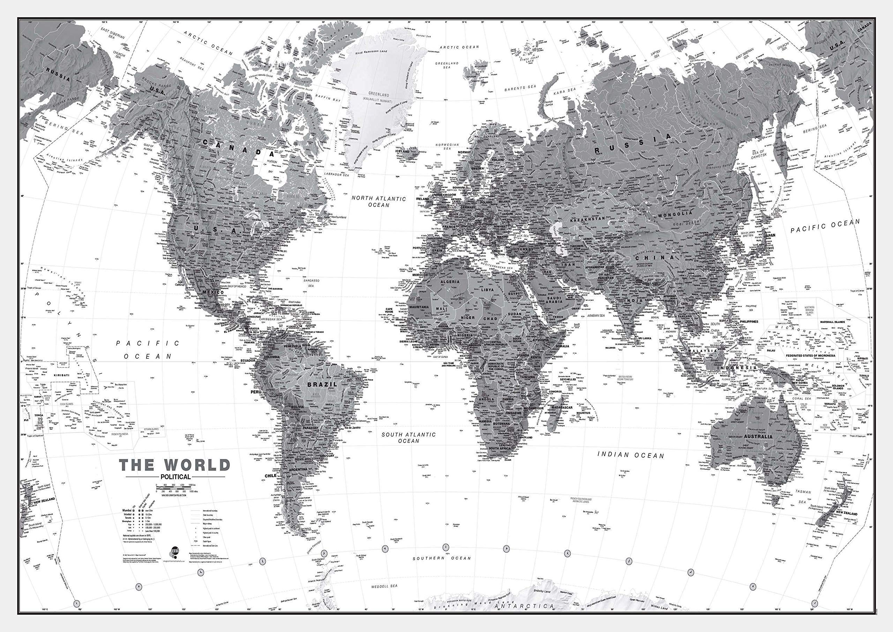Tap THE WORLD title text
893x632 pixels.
click(x=175, y=465)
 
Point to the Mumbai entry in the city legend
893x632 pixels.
click(x=127, y=510)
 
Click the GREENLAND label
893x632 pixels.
click(x=378, y=95)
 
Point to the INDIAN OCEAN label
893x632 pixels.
click(x=631, y=455)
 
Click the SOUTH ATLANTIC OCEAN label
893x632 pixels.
click(x=408, y=438)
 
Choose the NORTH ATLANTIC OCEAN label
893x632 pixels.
click(x=378, y=202)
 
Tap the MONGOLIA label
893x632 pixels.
click(x=675, y=214)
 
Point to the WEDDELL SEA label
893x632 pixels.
click(x=384, y=586)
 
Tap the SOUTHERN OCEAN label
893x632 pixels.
click(x=442, y=558)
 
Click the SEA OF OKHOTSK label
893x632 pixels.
click(x=758, y=154)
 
